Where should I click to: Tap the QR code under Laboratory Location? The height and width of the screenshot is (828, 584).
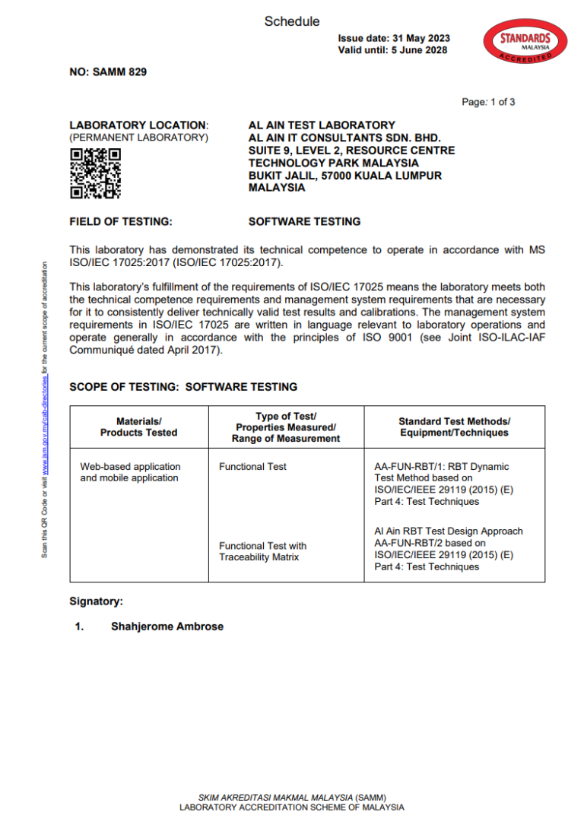coord(96,173)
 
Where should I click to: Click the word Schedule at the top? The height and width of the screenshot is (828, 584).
coord(292,21)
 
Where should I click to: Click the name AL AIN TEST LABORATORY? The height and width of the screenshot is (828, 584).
coord(322,125)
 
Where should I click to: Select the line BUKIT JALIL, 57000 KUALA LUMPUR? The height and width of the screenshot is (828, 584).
coord(345,176)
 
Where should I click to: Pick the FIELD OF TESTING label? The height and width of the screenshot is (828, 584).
coord(121,222)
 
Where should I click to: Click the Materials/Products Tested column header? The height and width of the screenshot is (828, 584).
coord(138,427)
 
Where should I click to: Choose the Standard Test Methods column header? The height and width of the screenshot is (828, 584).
coord(454,427)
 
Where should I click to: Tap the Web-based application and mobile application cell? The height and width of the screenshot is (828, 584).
coord(130,472)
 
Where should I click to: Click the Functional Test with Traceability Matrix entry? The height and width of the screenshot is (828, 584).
coord(262,551)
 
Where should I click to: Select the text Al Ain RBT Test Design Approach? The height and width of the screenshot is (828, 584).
coord(449,531)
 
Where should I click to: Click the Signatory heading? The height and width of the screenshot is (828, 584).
coord(96,601)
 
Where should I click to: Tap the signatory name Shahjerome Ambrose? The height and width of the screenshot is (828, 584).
coord(167,627)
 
